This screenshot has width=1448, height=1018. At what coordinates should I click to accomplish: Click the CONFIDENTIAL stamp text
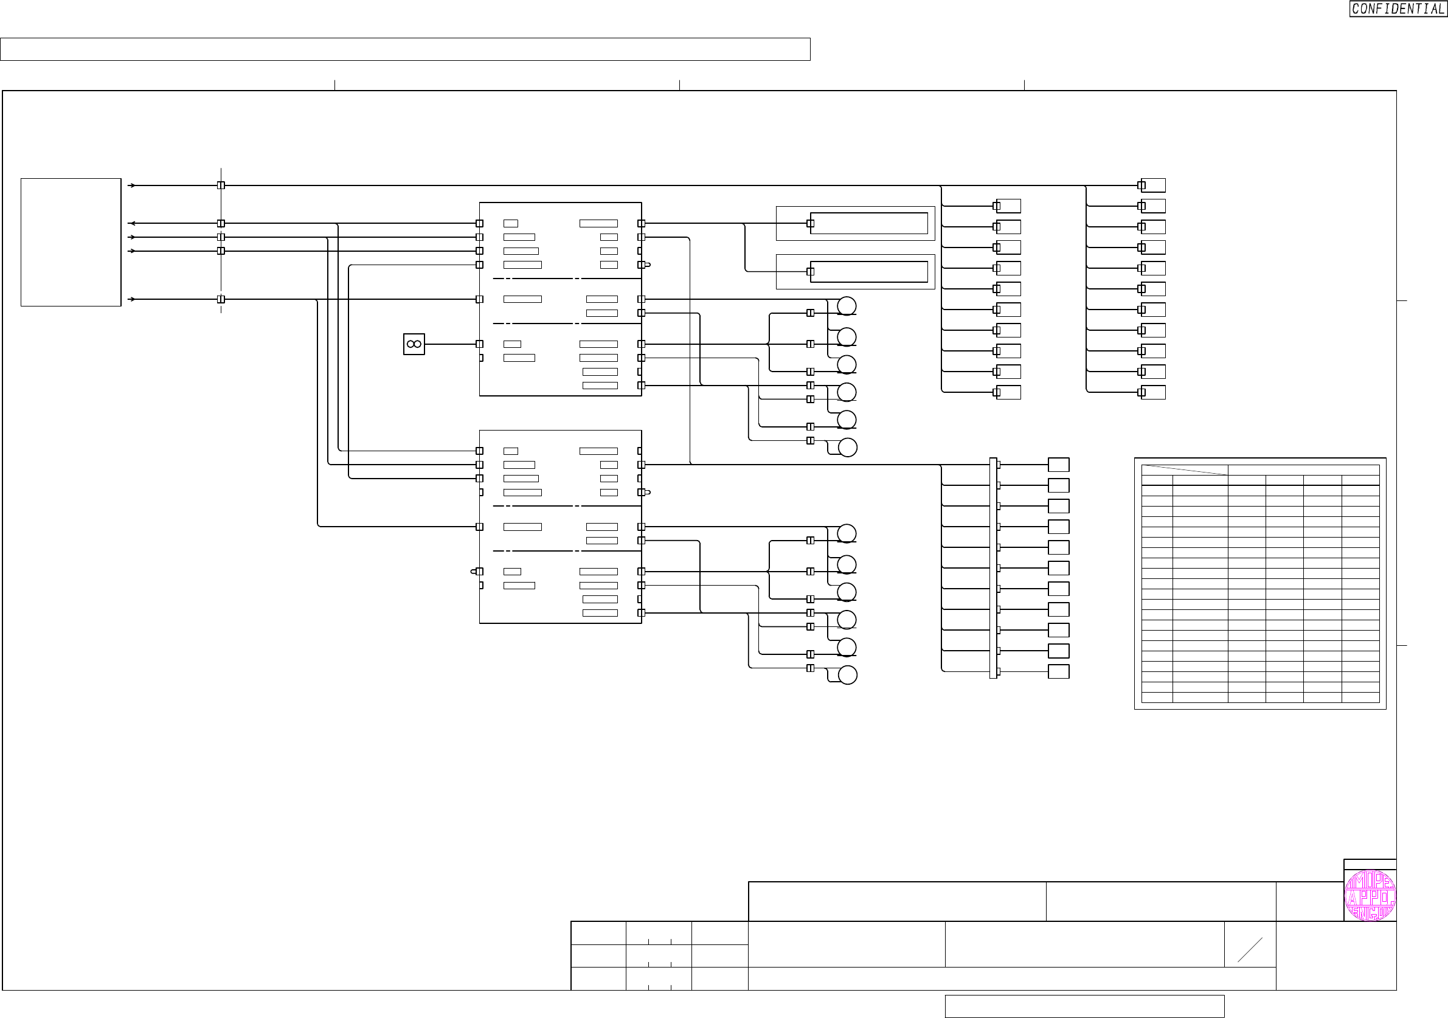[x=1398, y=9]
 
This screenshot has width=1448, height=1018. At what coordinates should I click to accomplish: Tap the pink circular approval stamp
[x=1370, y=896]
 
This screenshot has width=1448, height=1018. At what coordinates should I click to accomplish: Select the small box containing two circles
[x=414, y=344]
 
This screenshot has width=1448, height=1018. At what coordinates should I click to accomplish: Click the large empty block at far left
[x=71, y=242]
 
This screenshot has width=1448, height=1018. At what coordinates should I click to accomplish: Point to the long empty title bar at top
[x=405, y=49]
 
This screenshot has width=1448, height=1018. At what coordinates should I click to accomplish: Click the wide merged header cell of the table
[x=1303, y=470]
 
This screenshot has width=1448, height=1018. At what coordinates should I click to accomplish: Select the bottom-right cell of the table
[x=1360, y=697]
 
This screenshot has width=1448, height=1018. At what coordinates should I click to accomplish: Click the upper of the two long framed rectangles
[x=868, y=223]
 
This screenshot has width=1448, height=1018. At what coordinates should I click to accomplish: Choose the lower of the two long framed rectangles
[x=868, y=272]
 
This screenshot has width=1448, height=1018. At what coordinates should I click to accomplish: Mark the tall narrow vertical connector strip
[x=992, y=567]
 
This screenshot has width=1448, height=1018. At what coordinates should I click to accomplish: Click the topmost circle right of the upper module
[x=847, y=306]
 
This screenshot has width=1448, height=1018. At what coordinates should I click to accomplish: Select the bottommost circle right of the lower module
[x=848, y=675]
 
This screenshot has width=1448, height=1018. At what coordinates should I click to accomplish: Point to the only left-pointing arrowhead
[x=131, y=223]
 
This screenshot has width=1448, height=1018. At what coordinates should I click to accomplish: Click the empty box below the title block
[x=1084, y=1006]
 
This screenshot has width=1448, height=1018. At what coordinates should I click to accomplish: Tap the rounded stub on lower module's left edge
[x=474, y=572]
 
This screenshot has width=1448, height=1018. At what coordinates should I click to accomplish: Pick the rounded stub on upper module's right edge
[x=647, y=265]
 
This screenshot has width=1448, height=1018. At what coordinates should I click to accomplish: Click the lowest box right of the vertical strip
[x=1058, y=671]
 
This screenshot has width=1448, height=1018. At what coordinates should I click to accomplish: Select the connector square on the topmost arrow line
[x=221, y=185]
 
